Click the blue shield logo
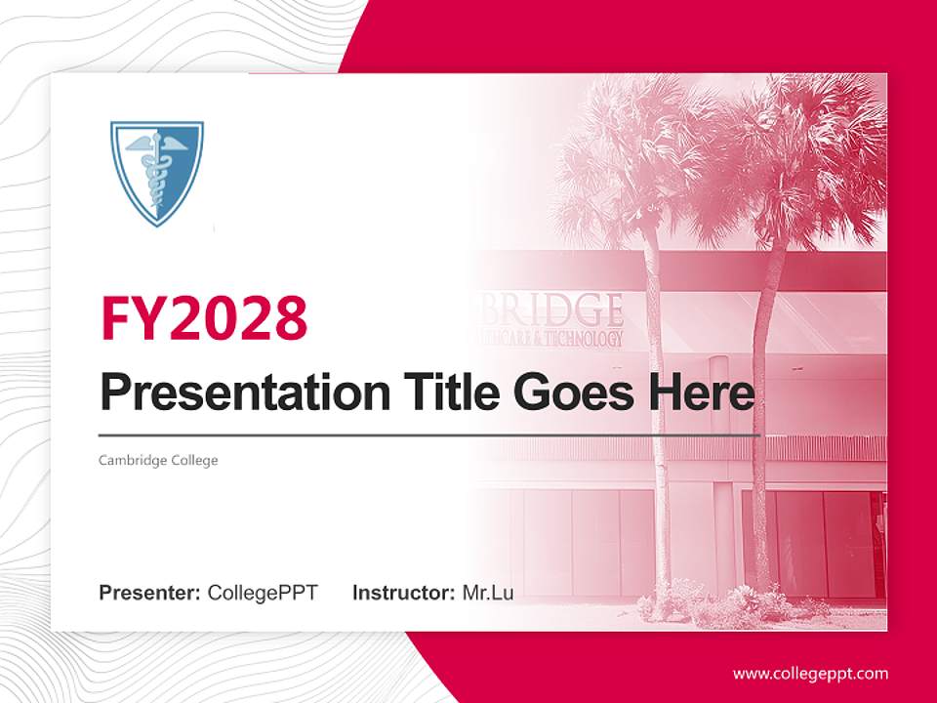pyautogui.click(x=156, y=172)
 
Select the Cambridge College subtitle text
pyautogui.click(x=158, y=460)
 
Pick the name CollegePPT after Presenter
pyautogui.click(x=263, y=593)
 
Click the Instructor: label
pyautogui.click(x=403, y=593)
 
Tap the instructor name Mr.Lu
pyautogui.click(x=488, y=593)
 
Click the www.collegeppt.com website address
pyautogui.click(x=810, y=673)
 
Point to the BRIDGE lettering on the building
pyautogui.click(x=557, y=310)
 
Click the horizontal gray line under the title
pyautogui.click(x=429, y=434)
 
